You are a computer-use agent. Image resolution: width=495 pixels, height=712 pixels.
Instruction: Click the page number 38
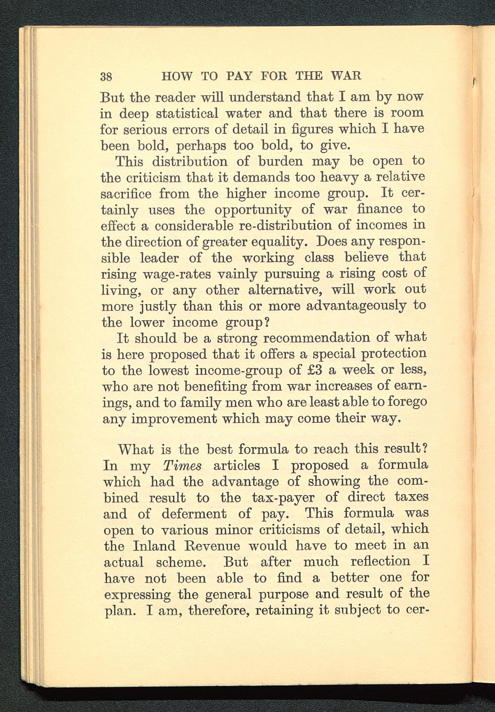pos(106,76)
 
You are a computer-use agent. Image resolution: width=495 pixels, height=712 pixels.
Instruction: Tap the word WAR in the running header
pos(346,76)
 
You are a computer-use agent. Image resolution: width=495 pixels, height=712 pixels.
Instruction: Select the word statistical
pos(187,114)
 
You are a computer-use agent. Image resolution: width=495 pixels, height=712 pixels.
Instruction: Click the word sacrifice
pos(126,194)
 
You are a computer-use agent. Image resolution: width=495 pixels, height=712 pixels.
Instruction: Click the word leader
pos(159,258)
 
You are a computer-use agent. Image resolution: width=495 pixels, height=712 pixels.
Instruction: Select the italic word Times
pos(182,466)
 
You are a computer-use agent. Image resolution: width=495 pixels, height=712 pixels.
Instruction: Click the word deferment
pos(194,514)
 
